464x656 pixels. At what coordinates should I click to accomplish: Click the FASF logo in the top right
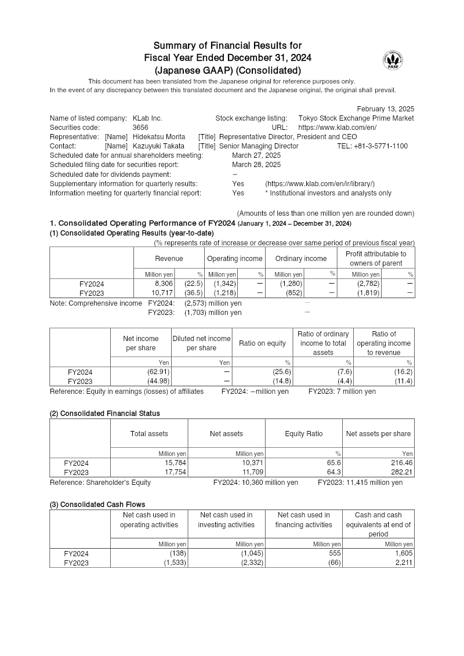[393, 60]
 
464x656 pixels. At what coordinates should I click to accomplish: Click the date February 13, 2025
[385, 109]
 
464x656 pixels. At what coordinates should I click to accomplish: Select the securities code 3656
[140, 128]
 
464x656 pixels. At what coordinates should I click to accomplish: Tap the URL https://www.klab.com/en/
[337, 128]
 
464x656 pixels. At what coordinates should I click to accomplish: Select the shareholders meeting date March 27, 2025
[256, 155]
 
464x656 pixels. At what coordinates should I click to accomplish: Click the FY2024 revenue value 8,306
[162, 284]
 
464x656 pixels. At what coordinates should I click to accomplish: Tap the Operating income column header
[235, 259]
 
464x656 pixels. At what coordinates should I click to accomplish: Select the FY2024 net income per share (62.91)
[157, 372]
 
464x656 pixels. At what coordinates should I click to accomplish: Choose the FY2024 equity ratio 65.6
[333, 463]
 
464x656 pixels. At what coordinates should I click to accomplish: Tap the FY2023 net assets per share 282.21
[400, 473]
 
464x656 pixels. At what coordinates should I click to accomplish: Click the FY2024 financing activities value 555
[334, 554]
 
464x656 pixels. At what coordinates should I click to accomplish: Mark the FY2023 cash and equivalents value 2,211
[404, 563]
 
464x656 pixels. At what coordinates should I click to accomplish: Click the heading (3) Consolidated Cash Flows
[97, 505]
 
